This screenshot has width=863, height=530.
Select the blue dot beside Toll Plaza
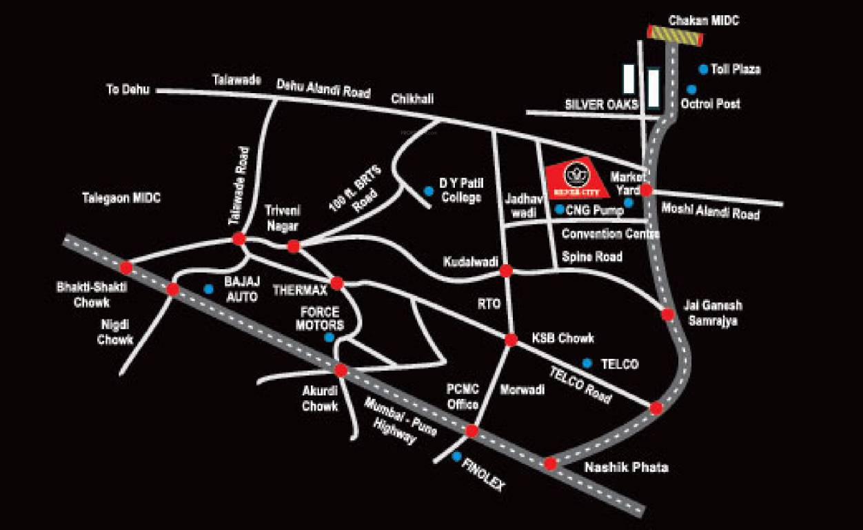tap(703, 69)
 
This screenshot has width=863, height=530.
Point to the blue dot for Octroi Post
tap(691, 90)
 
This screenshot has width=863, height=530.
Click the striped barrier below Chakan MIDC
tap(675, 35)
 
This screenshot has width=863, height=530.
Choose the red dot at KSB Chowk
tap(511, 340)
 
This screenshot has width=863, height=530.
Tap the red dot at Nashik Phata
tap(550, 463)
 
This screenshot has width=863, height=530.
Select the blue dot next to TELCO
tap(587, 363)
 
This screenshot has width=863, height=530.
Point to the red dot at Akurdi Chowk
tap(341, 370)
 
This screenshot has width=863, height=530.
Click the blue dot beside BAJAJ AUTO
tap(209, 289)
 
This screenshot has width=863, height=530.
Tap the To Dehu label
tap(128, 89)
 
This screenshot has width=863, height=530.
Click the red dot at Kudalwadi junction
tap(506, 271)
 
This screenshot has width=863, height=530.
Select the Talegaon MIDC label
tap(121, 198)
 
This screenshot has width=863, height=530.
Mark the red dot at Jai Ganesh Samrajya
tap(667, 314)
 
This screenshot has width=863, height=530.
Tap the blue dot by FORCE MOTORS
tap(329, 337)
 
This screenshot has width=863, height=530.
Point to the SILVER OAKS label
tap(602, 104)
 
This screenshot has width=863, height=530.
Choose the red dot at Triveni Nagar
tap(294, 246)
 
